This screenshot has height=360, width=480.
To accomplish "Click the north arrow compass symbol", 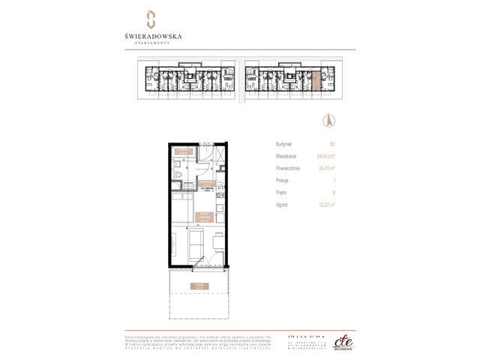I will coord(328,119).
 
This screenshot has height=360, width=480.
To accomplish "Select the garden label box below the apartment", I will coord(198,286).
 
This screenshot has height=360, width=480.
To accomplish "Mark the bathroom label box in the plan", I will coord(182,153).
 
